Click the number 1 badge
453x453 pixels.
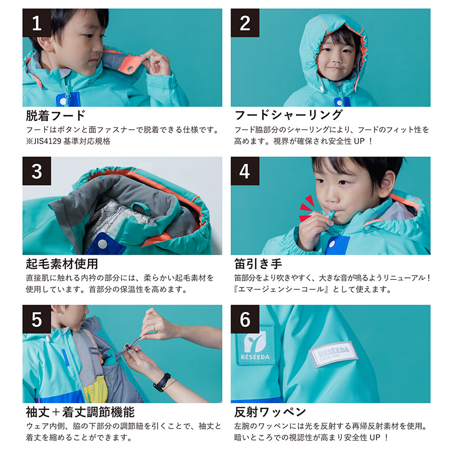(x=37, y=23)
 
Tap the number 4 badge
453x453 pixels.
(x=245, y=171)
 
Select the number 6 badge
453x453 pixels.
(x=245, y=319)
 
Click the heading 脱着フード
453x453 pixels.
(x=56, y=116)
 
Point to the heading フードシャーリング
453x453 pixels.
(x=288, y=115)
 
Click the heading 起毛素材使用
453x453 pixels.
(x=62, y=263)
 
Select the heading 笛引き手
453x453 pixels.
(x=258, y=263)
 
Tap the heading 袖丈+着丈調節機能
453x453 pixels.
(x=80, y=412)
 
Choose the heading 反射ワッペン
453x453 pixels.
(x=270, y=412)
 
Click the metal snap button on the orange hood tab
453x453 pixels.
(x=130, y=69)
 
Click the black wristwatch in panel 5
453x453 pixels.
(x=162, y=382)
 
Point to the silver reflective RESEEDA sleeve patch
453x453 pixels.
(x=333, y=354)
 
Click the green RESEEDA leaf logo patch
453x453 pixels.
(x=255, y=344)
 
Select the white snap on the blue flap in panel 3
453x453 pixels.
(x=102, y=244)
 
